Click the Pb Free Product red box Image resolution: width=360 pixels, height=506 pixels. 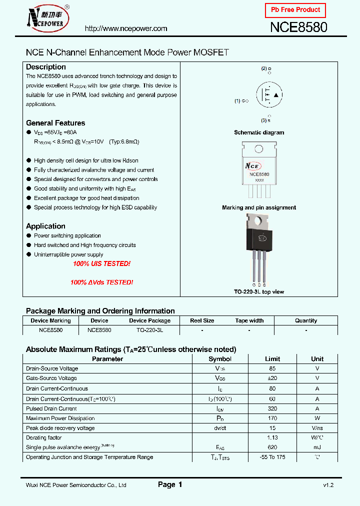tap(295, 10)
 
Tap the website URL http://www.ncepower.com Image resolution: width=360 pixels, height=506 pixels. tap(126, 28)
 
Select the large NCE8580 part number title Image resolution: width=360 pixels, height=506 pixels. tap(298, 28)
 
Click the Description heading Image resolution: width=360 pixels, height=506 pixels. tap(46, 67)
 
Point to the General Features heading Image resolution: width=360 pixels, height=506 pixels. tap(55, 123)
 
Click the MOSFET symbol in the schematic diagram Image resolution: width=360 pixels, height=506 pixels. tap(268, 95)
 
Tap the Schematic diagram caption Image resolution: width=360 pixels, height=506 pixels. tap(259, 132)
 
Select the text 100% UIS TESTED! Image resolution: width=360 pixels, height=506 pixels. tap(101, 263)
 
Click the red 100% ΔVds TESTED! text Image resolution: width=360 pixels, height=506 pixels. tap(101, 282)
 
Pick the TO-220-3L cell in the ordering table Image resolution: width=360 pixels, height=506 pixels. tap(149, 330)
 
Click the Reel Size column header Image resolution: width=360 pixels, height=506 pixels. tap(202, 320)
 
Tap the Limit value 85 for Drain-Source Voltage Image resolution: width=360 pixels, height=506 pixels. tap(272, 368)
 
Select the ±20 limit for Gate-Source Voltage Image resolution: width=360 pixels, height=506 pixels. tap(272, 378)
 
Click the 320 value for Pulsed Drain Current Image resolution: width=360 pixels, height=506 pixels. tap(272, 408)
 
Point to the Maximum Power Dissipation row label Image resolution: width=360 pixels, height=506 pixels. tap(60, 418)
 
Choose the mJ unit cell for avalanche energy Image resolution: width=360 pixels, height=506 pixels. tap(317, 447)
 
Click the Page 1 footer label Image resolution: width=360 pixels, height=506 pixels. tap(170, 484)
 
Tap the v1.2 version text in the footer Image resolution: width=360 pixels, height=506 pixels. tap(328, 485)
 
